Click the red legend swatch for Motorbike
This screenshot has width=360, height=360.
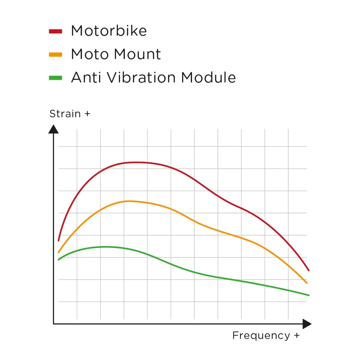[x=55, y=31]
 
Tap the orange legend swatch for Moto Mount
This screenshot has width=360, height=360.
[x=55, y=55]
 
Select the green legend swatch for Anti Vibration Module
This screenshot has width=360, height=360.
[x=55, y=78]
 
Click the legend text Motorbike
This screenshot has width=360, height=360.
[x=109, y=31]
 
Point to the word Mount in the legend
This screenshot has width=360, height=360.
[x=137, y=54]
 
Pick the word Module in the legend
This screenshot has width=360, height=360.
[x=209, y=77]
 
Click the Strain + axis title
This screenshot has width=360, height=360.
[x=70, y=114]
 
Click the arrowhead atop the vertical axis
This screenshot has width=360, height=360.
[x=53, y=129]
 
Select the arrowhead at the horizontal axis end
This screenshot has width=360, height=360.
[x=307, y=324]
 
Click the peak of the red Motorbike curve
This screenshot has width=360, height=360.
[x=136, y=162]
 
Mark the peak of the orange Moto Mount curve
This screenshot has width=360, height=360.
[x=129, y=201]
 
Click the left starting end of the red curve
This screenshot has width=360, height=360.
[x=58, y=241]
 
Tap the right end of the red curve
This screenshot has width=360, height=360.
[x=308, y=270]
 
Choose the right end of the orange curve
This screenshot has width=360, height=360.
[x=307, y=283]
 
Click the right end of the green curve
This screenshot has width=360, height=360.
[x=309, y=295]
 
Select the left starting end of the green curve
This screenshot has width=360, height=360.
[x=58, y=260]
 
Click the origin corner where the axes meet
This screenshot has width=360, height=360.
[x=54, y=324]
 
